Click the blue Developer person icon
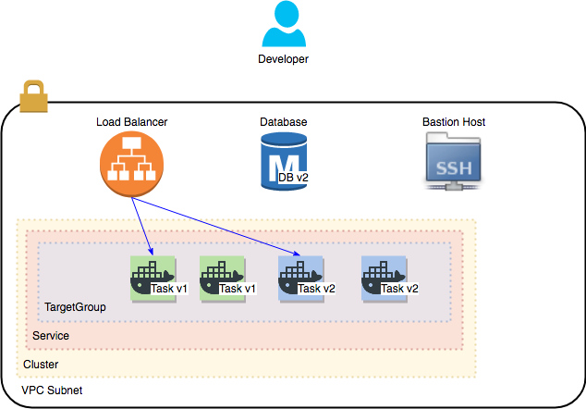284,23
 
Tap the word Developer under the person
283,59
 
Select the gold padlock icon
33,96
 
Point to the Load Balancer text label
131,122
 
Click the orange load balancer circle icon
131,164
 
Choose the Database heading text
283,122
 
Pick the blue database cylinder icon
284,161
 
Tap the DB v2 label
293,178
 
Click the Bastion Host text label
454,122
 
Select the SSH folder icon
453,162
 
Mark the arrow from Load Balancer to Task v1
142,227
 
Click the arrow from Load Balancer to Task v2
215,227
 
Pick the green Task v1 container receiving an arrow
153,279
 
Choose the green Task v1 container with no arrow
223,279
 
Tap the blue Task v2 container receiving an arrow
300,279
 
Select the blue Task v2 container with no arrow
384,279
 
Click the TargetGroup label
75,307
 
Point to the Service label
51,336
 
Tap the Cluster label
41,365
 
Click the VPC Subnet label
52,390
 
